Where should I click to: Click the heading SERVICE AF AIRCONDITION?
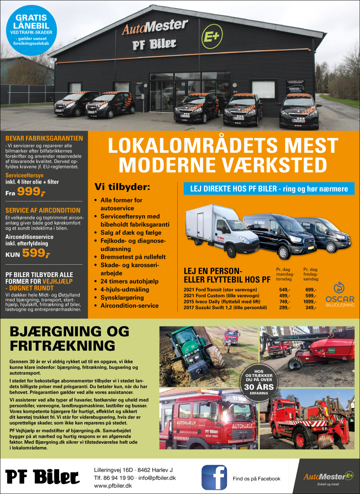tap(43, 210)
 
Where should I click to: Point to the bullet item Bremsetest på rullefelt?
tap(133, 257)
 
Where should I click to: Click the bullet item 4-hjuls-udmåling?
tap(125, 289)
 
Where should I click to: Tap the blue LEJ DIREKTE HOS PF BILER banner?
tap(269, 189)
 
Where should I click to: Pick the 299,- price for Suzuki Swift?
tap(285, 308)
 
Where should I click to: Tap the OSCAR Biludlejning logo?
tap(339, 293)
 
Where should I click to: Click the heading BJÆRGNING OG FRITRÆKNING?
tap(69, 338)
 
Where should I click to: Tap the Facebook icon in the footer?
tap(214, 478)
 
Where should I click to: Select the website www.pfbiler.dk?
tap(113, 486)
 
